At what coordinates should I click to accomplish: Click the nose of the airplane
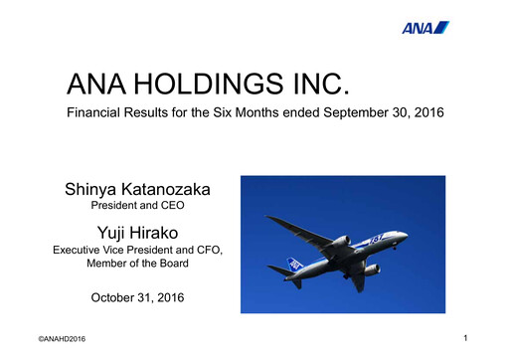pyautogui.click(x=406, y=236)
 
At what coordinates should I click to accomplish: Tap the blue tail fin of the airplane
pyautogui.click(x=281, y=267)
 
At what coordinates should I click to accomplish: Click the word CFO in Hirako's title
pyautogui.click(x=208, y=250)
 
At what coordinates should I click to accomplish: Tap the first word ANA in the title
pyautogui.click(x=90, y=83)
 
